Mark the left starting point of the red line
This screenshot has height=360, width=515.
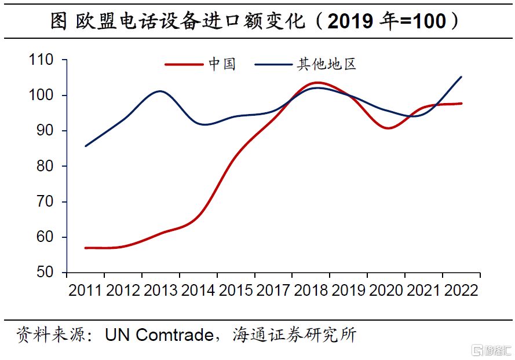click(85, 248)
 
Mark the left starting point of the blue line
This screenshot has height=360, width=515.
click(85, 146)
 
